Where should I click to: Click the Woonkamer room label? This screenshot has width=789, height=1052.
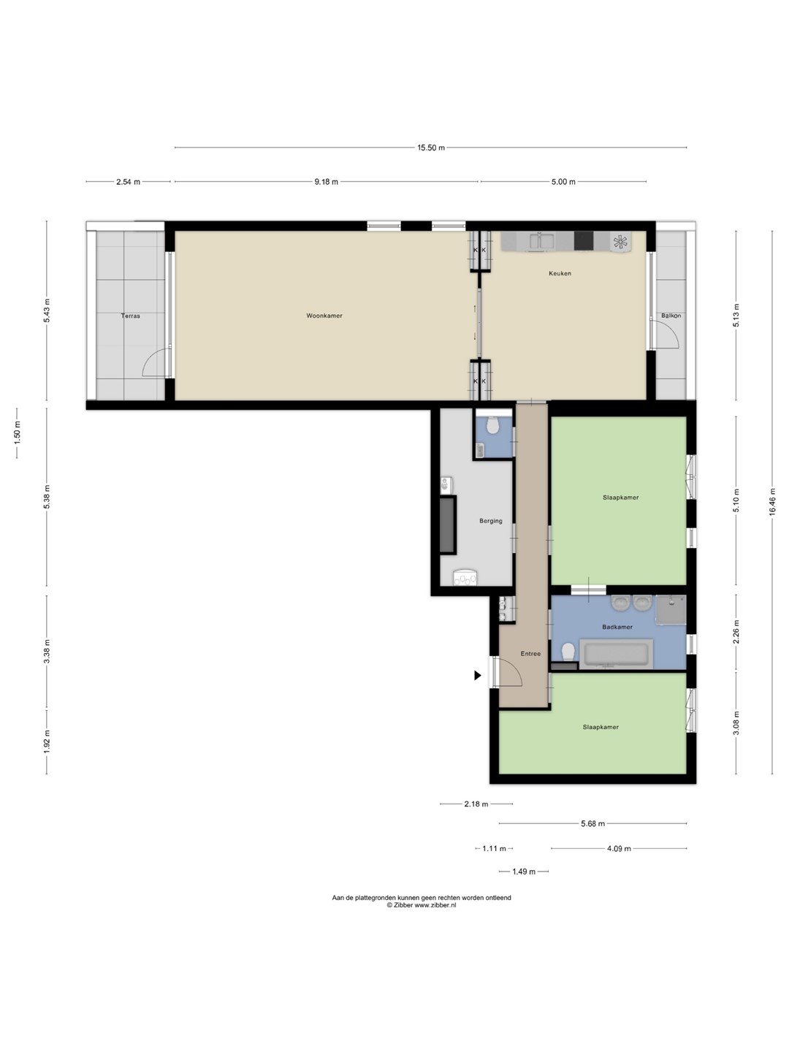point(324,316)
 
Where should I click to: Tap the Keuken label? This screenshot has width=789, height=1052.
point(560,274)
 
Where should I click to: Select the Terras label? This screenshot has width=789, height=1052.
point(130,316)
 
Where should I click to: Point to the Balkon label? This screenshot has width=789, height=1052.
point(671,316)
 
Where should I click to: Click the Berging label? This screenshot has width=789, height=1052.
point(491,521)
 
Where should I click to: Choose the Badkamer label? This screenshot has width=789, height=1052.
point(617,627)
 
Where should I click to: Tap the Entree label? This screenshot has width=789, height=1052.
point(531,654)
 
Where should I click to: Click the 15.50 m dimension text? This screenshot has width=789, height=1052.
point(431,148)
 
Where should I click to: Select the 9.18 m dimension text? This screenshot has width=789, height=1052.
point(327,182)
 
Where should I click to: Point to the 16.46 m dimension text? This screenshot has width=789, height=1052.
point(772,502)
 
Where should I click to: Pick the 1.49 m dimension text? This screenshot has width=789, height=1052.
point(524,872)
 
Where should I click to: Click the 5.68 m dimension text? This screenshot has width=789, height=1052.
point(593,824)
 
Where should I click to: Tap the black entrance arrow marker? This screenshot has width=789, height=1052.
point(477,675)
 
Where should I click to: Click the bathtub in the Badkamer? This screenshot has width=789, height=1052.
point(616,654)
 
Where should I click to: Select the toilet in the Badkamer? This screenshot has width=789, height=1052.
point(568,652)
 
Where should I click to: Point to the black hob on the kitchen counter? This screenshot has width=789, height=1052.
point(584,240)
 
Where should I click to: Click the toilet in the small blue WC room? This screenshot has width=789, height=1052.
point(492,424)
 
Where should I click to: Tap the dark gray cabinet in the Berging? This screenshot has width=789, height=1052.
point(448,525)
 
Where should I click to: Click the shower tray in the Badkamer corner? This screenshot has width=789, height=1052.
point(671,610)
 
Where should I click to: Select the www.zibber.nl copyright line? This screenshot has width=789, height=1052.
point(422,905)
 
